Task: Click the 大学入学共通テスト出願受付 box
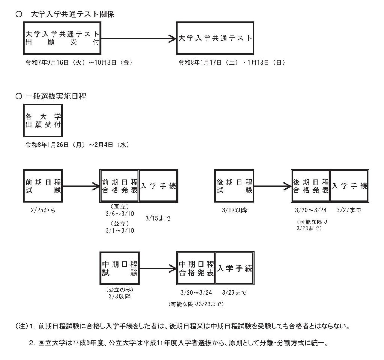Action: (62, 38)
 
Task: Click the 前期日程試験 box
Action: (42, 185)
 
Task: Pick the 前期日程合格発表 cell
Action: (120, 185)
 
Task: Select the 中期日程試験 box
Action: (119, 269)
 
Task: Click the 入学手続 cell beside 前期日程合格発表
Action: (158, 185)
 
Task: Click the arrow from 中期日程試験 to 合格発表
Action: (157, 269)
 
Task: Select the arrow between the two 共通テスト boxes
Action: (138, 38)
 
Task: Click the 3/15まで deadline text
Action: (157, 218)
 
